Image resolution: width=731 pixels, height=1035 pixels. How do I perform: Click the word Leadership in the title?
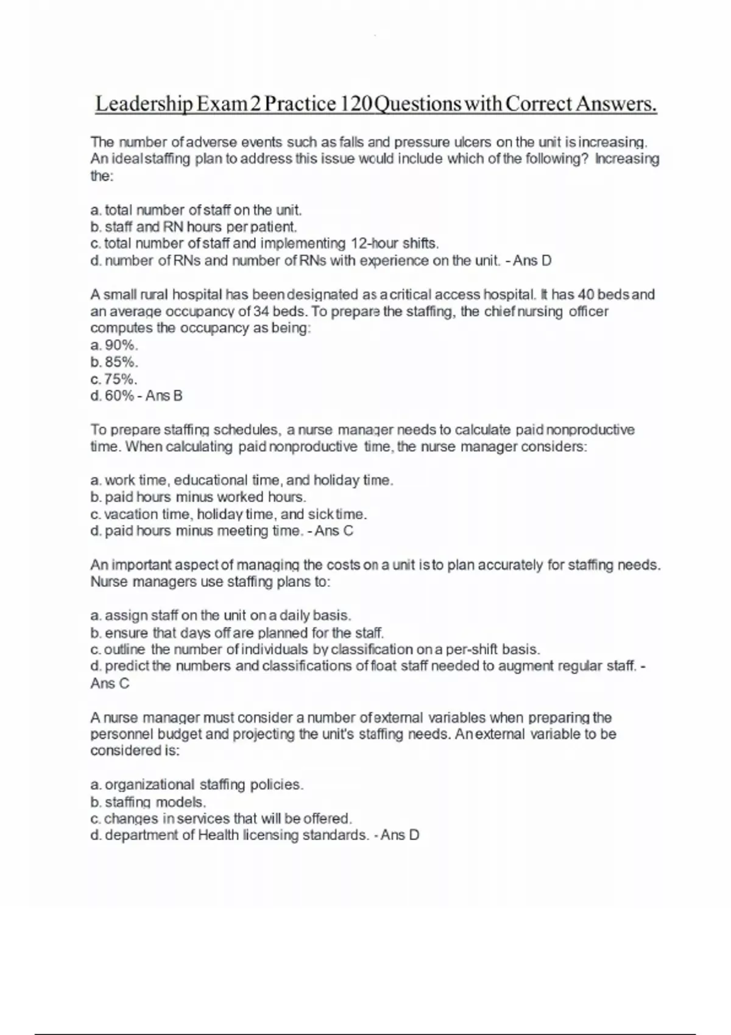144,103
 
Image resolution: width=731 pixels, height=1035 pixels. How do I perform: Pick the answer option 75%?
121,379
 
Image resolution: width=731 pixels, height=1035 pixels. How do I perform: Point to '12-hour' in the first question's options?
374,244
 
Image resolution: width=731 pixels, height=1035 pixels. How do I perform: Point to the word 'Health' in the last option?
218,835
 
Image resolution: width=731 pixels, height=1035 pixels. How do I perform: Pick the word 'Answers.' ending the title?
616,103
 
